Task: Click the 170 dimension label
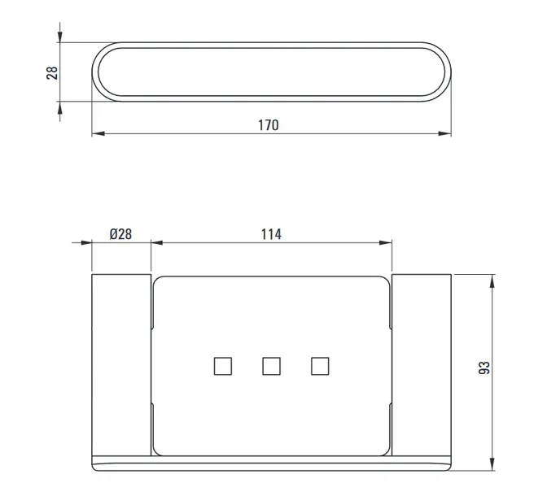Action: point(269,125)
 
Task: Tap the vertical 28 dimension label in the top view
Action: point(52,73)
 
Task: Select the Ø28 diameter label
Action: point(120,234)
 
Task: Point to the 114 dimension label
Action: point(271,234)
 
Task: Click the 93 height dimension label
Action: point(484,368)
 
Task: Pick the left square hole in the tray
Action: point(223,366)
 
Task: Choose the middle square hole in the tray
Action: point(271,366)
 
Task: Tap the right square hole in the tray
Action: point(320,366)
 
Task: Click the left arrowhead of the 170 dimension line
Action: point(98,133)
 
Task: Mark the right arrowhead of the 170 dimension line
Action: point(444,133)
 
